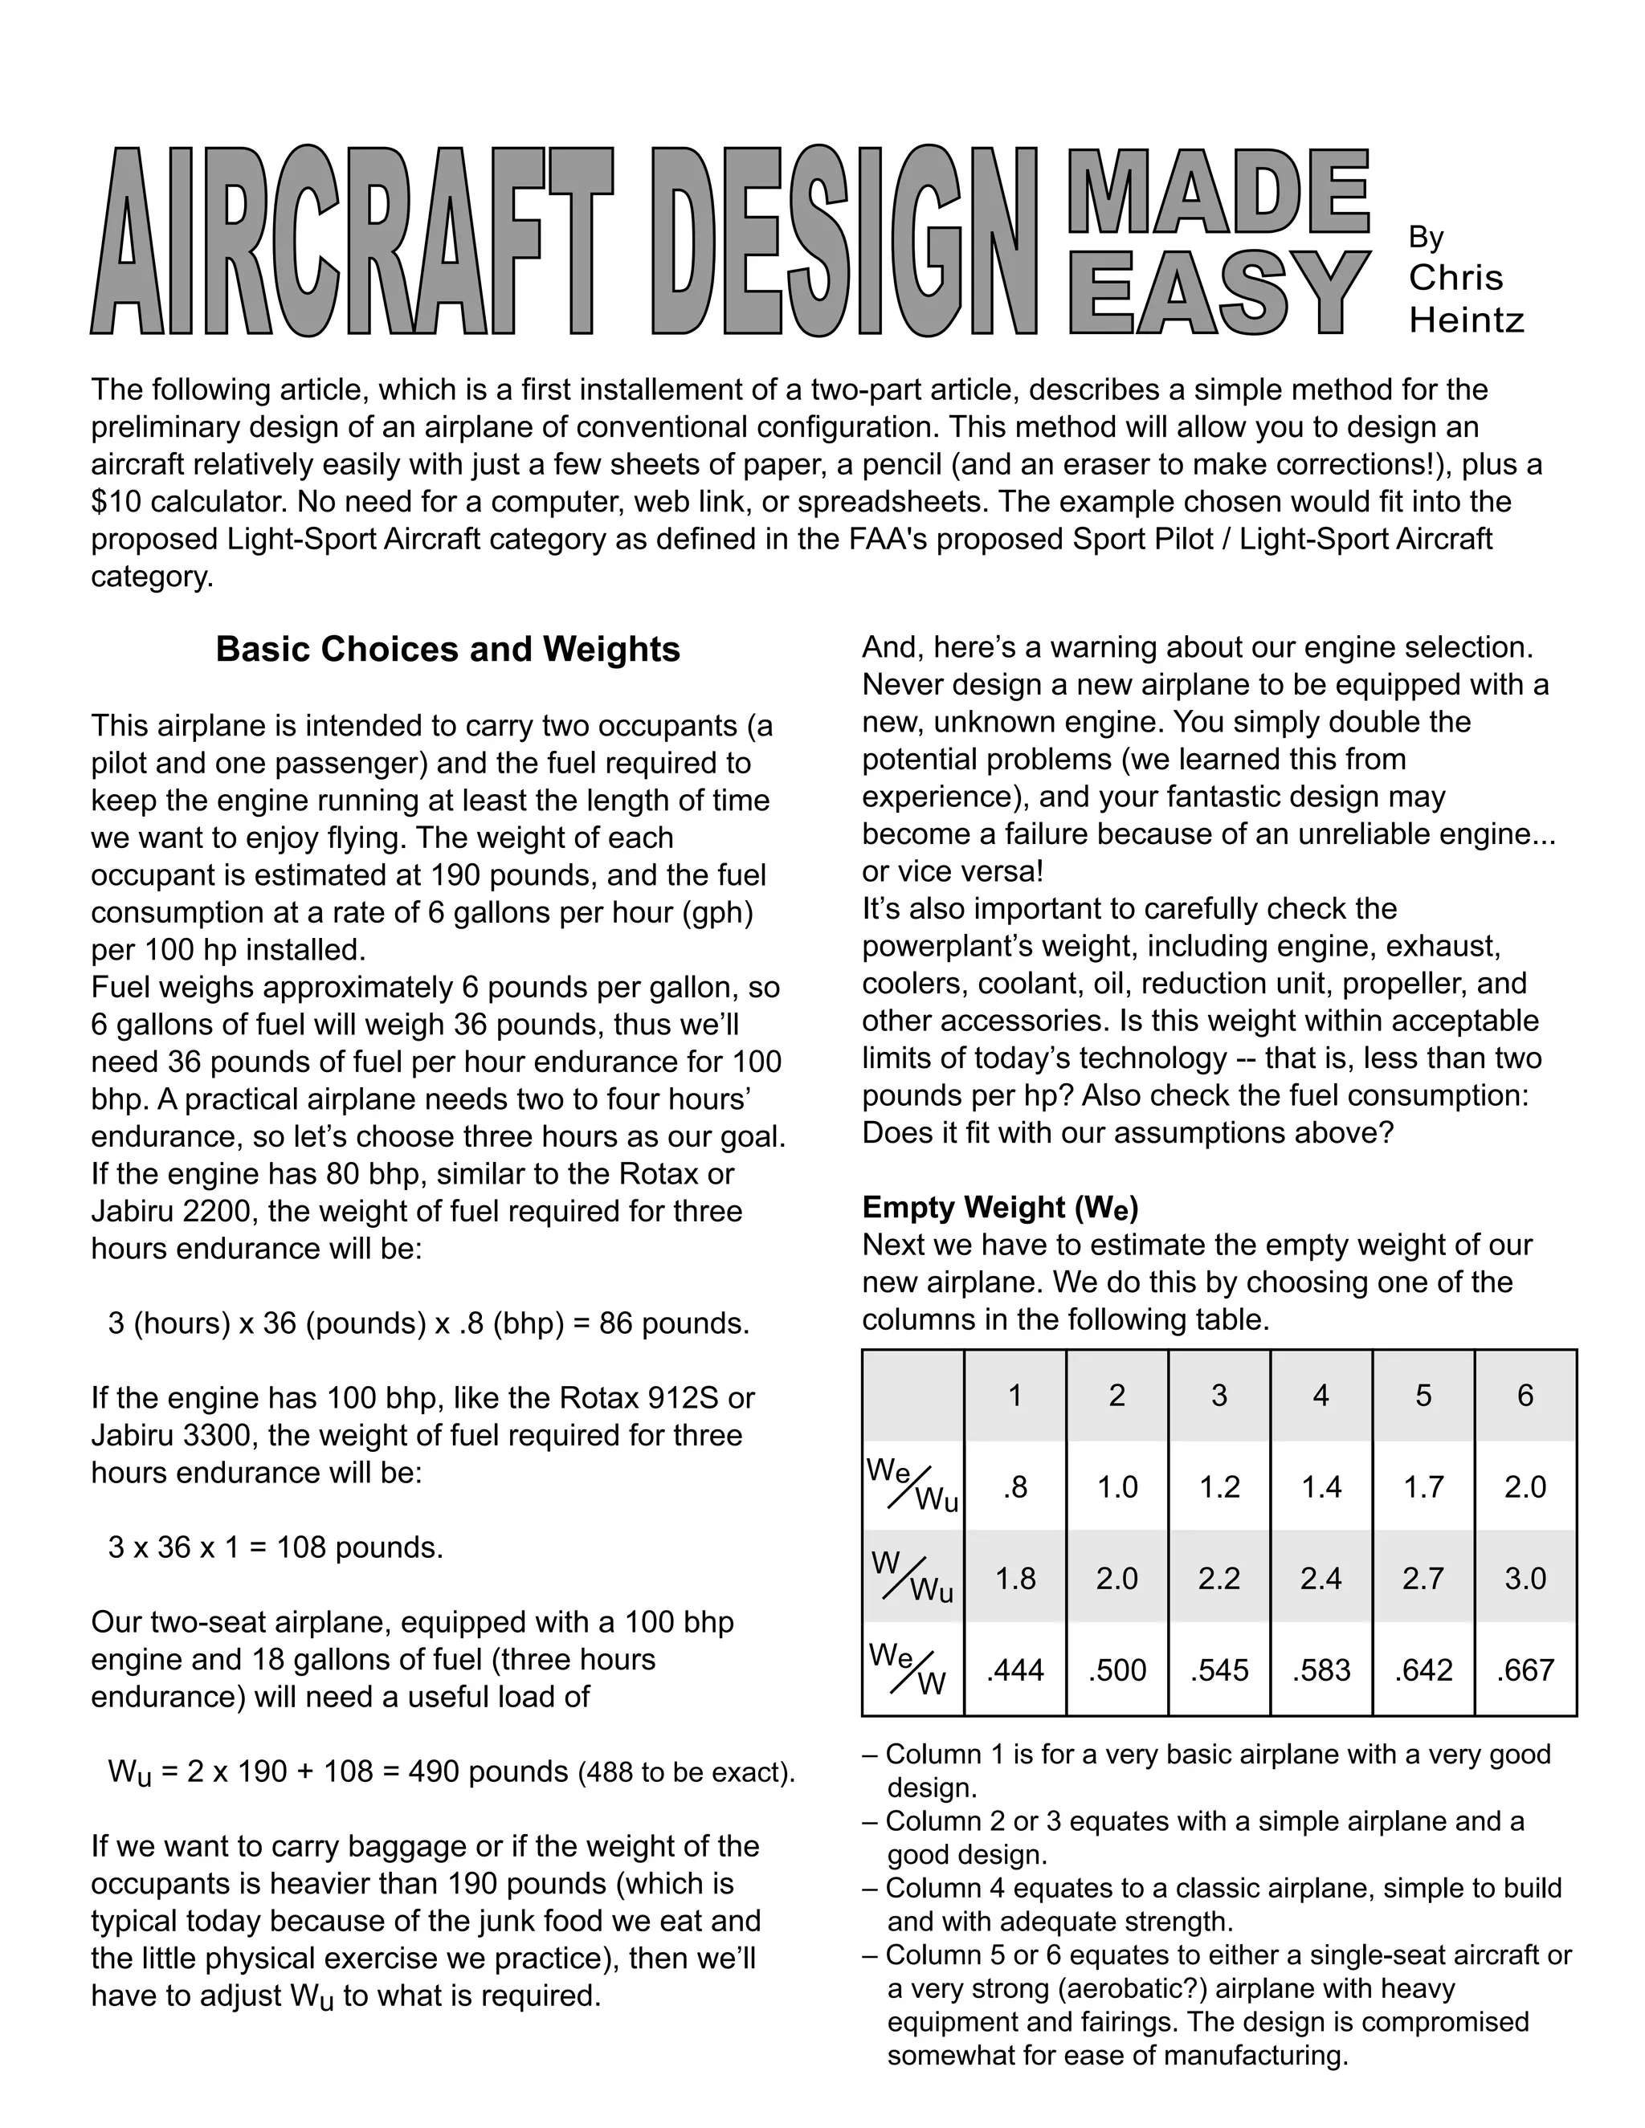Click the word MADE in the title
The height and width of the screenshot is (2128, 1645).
click(x=1218, y=191)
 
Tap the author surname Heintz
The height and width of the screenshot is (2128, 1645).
click(x=1466, y=320)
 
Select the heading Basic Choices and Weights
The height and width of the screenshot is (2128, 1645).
click(x=447, y=649)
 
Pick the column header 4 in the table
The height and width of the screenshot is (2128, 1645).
click(x=1320, y=1396)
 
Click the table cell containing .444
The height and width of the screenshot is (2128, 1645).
click(x=1014, y=1670)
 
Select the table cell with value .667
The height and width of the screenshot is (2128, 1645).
click(x=1525, y=1670)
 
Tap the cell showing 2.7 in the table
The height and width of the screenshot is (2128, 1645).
click(x=1423, y=1579)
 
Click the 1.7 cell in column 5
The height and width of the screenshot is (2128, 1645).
click(x=1423, y=1487)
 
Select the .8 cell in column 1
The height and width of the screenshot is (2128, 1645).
click(x=1014, y=1487)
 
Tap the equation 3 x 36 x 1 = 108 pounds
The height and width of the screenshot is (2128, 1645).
click(x=276, y=1547)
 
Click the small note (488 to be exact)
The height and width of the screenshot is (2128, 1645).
click(x=687, y=1772)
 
